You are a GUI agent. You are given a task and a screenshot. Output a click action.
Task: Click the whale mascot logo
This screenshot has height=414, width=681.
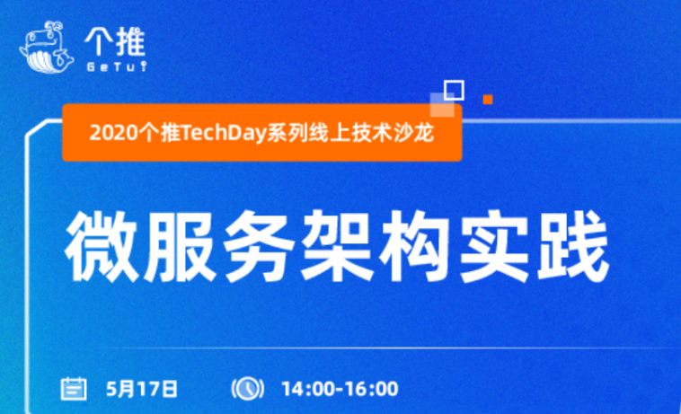pos(47,47)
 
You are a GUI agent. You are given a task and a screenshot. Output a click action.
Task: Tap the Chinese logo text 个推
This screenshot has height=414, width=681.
pos(115,41)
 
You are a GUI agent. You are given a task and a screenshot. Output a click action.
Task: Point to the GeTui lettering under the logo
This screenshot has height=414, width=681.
pos(117,66)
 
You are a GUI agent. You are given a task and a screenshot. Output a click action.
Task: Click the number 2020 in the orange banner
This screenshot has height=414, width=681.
pos(114,133)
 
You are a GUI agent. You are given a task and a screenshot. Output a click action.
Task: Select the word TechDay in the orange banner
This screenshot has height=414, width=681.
pos(224,133)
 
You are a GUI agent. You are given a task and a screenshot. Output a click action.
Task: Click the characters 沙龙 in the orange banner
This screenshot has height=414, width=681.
pos(414,132)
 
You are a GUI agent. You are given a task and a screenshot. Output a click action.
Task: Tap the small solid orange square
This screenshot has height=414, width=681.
pos(488,100)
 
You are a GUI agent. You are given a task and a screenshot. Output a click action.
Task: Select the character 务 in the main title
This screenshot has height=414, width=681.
pos(260,246)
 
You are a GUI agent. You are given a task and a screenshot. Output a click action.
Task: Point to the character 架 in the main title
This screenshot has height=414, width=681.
pos(338,246)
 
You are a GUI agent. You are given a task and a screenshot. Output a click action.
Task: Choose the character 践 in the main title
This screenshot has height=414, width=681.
pos(573,246)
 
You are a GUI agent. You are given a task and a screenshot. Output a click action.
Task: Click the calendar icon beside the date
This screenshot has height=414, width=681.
pos(74,388)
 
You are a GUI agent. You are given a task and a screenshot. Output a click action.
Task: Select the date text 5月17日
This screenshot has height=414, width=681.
pos(142,389)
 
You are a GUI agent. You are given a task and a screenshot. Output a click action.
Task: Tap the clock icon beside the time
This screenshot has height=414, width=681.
pos(248,388)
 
